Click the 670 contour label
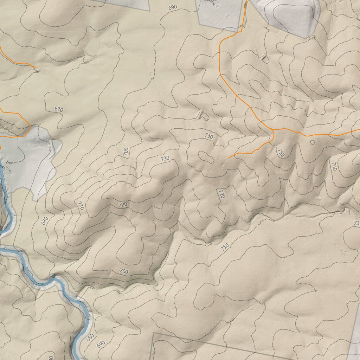coord(59,109)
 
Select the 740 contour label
coord(334,166)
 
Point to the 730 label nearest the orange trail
coord(209,136)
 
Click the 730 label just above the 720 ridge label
coord(165,159)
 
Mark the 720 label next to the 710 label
coord(123,204)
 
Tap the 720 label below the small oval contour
coord(221,194)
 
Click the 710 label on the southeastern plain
coord(225,247)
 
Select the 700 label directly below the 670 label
coord(126,152)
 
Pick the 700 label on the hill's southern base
coord(124,271)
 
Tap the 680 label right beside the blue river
coord(90,337)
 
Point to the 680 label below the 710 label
coord(45,220)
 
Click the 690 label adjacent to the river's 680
coord(101,344)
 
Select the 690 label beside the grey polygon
coord(173,7)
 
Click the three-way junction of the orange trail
coord(273,130)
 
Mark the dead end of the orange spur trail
coord(229,158)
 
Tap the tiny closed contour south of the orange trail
coord(312,142)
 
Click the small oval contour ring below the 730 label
coord(206,157)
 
